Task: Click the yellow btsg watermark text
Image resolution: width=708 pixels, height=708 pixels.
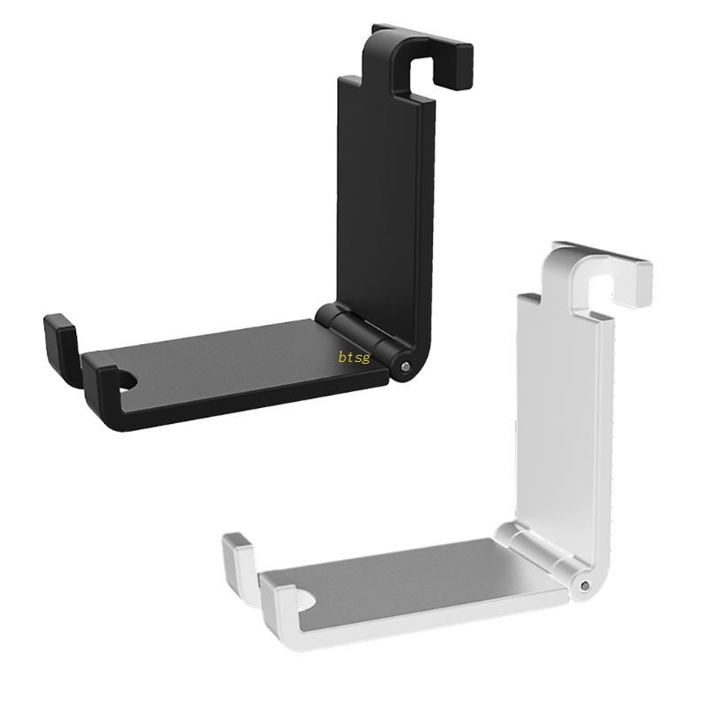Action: [x=354, y=358]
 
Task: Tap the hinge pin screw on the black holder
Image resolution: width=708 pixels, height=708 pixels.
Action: [x=404, y=366]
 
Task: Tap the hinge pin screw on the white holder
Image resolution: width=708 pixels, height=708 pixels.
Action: [x=584, y=585]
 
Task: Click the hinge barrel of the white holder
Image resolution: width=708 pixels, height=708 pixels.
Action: [x=540, y=553]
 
